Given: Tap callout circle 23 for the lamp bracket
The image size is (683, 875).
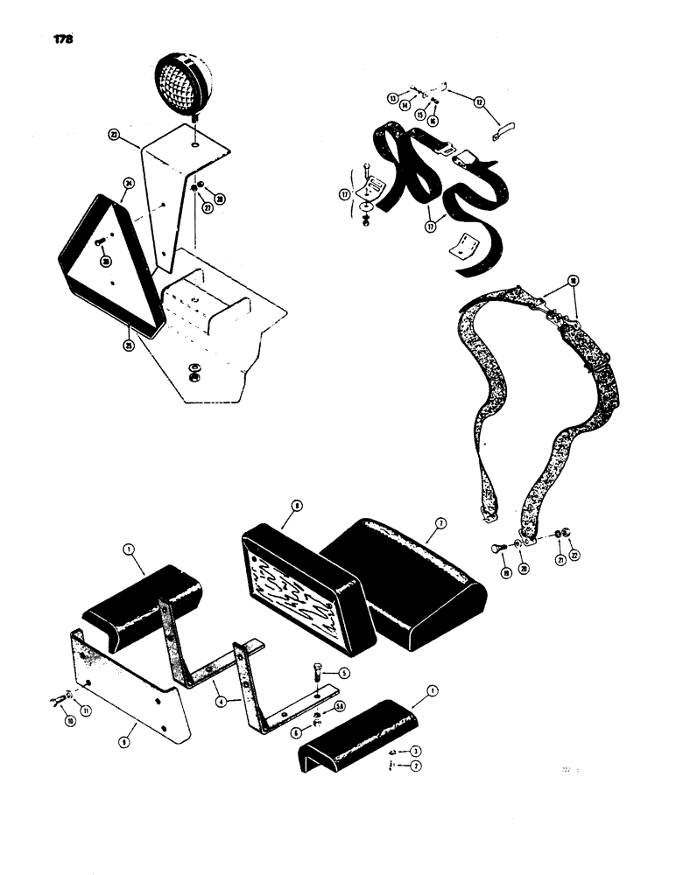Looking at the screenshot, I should pyautogui.click(x=114, y=135).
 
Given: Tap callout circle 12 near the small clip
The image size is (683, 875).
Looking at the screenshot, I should pyautogui.click(x=479, y=102).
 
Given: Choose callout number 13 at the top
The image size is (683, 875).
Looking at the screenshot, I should pyautogui.click(x=393, y=97).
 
